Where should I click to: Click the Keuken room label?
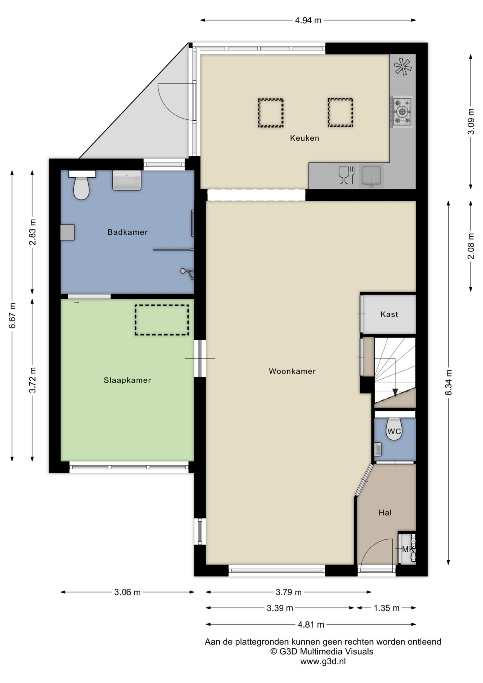[304, 138]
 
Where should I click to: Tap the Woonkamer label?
[292, 371]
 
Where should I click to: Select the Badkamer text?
[127, 232]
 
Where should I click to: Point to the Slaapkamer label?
[127, 380]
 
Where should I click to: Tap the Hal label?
[385, 513]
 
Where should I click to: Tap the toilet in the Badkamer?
[82, 185]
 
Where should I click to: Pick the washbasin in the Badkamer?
[126, 180]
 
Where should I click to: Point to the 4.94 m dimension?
[308, 20]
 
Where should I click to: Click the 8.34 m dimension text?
[449, 382]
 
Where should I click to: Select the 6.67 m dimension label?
[13, 316]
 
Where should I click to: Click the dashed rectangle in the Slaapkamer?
[162, 320]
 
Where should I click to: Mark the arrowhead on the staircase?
[395, 393]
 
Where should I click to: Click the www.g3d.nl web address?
[323, 662]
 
